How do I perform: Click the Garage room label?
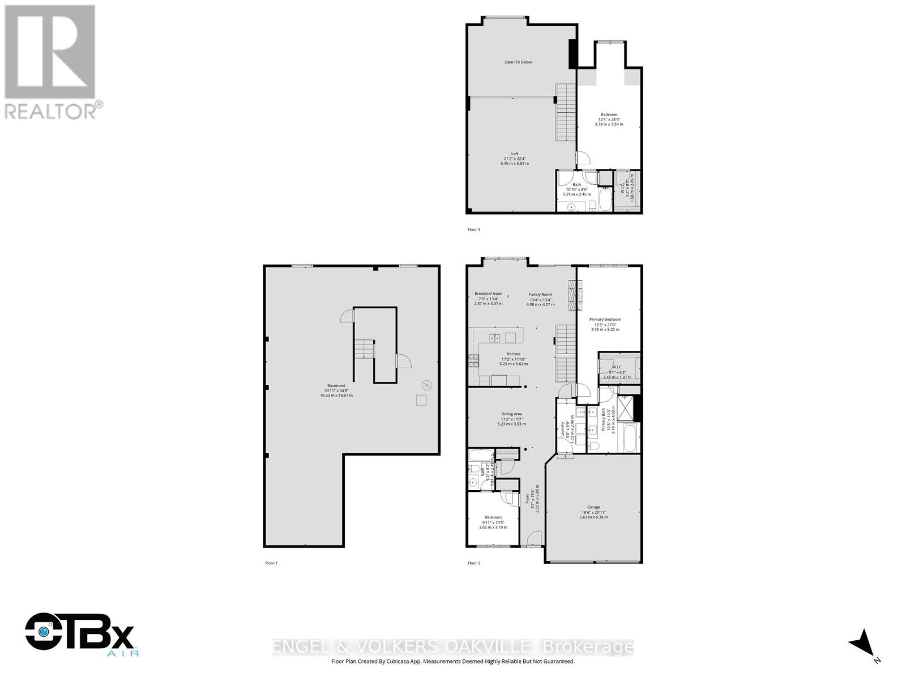coord(593,507)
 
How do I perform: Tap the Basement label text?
coord(336,386)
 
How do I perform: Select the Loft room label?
coord(514,154)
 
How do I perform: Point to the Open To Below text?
coord(518,62)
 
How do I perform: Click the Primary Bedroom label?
coord(605,320)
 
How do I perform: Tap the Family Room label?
coord(540,295)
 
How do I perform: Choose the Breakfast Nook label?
coord(488,294)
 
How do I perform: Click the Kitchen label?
coord(513,354)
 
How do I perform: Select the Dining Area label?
coord(511,414)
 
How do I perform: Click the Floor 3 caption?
coord(473,229)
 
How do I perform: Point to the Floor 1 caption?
coord(271,563)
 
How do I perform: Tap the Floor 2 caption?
coord(473,563)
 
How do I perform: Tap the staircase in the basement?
coord(364,348)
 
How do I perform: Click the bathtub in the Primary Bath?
coord(629,438)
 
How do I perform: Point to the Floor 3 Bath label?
coord(576,185)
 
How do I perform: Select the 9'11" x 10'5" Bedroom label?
coord(493,517)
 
